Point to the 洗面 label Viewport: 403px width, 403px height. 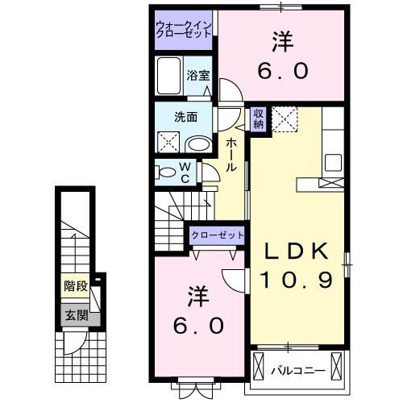tap(186, 115)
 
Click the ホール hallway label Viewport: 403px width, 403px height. tap(231, 153)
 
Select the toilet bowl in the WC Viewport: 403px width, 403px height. tap(167, 172)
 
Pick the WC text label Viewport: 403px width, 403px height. tap(185, 172)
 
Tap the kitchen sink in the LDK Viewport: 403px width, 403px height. tap(333, 160)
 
